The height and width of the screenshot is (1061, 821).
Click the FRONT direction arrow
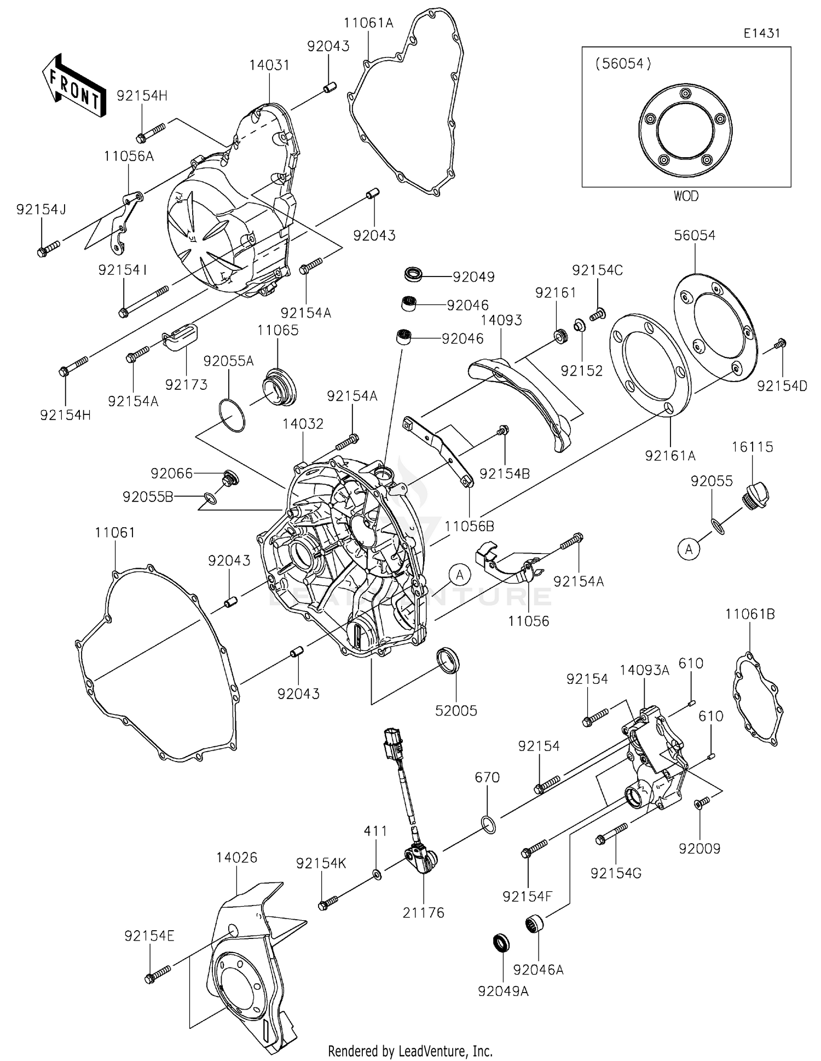(73, 85)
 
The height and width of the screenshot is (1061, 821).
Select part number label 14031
(269, 65)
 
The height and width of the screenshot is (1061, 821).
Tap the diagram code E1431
(761, 33)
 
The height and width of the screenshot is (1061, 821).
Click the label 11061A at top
(368, 23)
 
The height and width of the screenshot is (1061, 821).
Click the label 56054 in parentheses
(623, 64)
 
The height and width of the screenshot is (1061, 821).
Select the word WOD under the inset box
(686, 196)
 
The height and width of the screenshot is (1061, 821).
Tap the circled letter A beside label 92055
(689, 549)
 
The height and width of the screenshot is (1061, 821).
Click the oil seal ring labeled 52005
(448, 660)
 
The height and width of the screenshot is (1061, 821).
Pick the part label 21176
(423, 913)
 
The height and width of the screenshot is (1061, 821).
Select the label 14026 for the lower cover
(236, 857)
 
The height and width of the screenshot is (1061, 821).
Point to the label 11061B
(750, 614)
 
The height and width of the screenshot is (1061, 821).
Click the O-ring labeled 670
(490, 824)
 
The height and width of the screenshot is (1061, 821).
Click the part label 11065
(278, 330)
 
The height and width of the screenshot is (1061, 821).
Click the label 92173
(186, 385)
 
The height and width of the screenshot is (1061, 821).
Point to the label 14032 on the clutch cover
(303, 424)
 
